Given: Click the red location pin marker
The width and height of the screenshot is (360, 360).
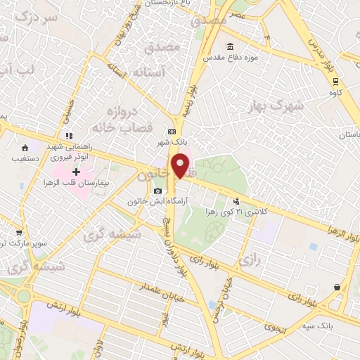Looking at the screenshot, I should [181, 166].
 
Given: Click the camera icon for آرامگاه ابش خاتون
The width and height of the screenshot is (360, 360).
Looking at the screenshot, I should [157, 191].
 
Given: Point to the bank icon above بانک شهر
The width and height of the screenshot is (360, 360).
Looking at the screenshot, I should [172, 131].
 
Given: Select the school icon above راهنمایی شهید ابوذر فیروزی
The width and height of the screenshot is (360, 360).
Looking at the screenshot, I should [68, 136].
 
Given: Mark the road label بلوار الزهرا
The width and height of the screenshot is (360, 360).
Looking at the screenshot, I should [342, 232].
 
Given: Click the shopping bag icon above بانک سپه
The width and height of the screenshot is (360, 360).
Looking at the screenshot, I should [338, 287].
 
